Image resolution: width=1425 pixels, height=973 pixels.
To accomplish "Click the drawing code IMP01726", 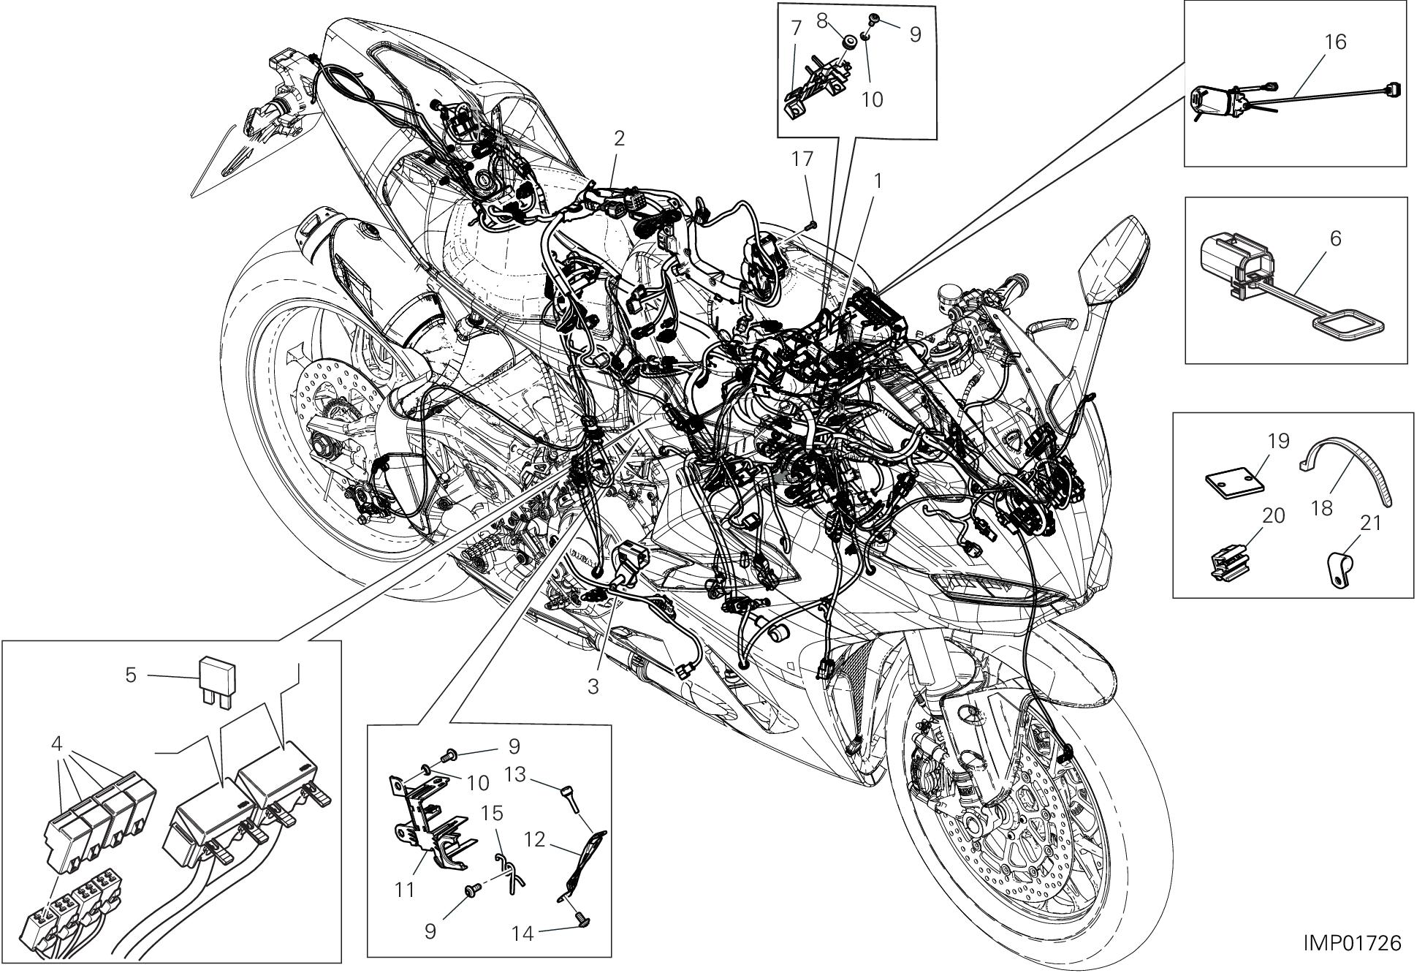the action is tap(1353, 943).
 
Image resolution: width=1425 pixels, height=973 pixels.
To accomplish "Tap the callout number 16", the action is tap(1334, 42).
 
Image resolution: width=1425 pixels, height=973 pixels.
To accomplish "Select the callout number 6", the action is tap(1335, 238).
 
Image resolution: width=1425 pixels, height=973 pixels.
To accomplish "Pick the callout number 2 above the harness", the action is tap(619, 139).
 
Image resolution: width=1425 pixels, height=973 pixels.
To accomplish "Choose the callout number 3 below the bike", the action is tap(593, 687).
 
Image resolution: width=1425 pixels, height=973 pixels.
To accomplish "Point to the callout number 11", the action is tap(405, 890).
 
